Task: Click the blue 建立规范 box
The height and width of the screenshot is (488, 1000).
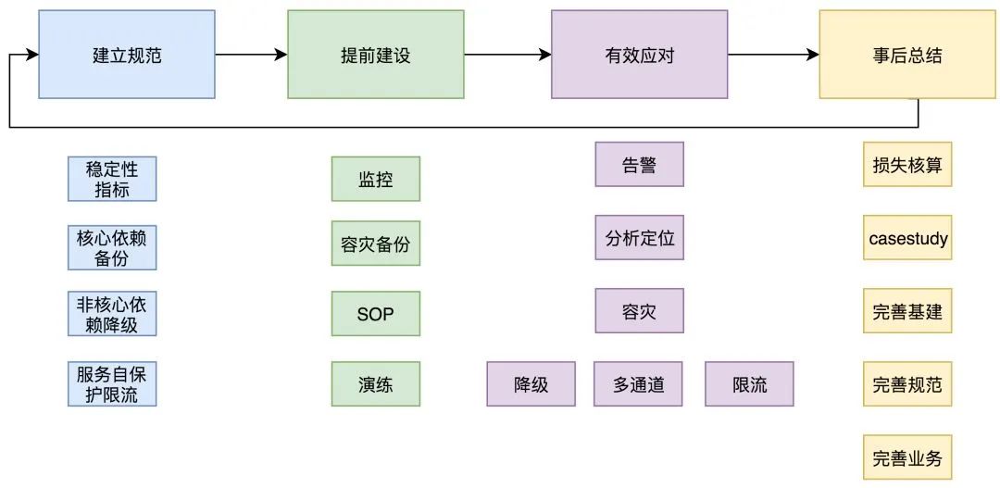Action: tap(127, 55)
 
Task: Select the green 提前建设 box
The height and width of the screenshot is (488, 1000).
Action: tap(375, 55)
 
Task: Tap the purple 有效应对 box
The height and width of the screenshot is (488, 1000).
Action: tap(639, 55)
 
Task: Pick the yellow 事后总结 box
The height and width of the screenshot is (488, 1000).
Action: tap(907, 55)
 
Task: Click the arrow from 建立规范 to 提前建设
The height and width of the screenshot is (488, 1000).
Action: tap(251, 55)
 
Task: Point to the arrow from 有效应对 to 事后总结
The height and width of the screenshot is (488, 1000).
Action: tap(773, 55)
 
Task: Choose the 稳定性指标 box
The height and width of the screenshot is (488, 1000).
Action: tap(112, 179)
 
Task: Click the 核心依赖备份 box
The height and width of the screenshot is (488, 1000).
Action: tap(112, 247)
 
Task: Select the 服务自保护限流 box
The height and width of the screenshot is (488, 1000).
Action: tap(112, 383)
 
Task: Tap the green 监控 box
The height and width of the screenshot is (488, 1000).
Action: tap(375, 179)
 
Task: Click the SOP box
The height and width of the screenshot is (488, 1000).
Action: tap(375, 314)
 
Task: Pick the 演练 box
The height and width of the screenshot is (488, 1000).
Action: tap(375, 383)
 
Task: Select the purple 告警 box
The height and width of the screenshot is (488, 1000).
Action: tap(639, 165)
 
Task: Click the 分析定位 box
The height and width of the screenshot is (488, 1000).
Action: tap(639, 238)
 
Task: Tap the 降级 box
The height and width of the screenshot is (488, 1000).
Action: tap(531, 383)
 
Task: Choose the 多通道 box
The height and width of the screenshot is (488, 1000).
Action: tap(638, 383)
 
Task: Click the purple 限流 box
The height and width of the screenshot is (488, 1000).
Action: tap(749, 383)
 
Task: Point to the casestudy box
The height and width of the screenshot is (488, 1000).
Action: tap(907, 238)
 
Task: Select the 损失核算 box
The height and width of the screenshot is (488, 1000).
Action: tap(907, 165)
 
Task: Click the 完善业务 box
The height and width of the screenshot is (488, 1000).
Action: tap(907, 457)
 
